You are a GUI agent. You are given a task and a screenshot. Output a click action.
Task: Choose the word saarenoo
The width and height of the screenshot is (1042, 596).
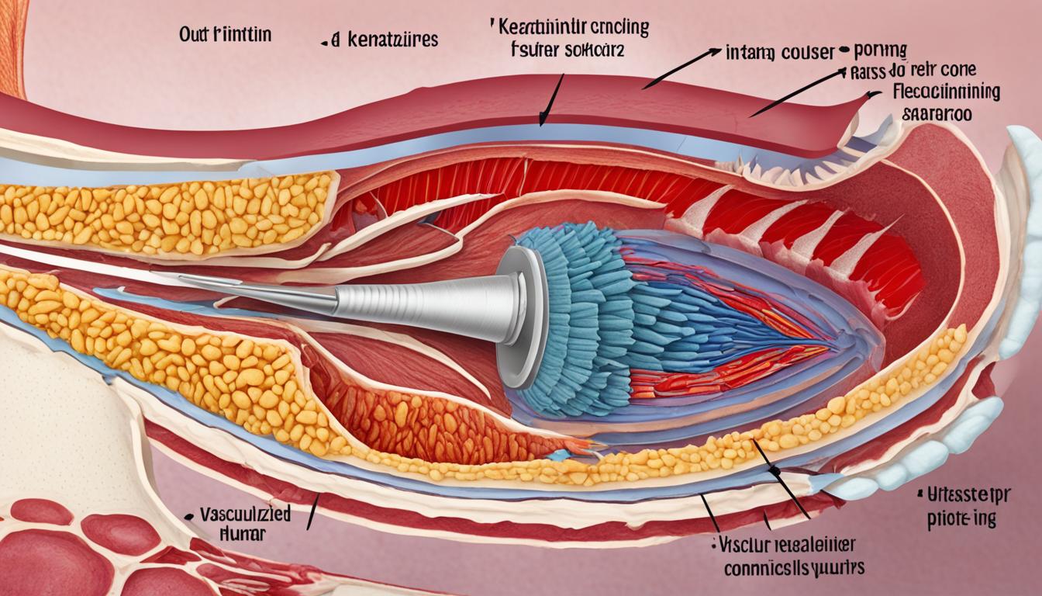pyautogui.click(x=937, y=113)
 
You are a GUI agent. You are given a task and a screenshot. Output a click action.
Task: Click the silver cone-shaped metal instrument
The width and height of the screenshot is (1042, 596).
pyautogui.click(x=434, y=303)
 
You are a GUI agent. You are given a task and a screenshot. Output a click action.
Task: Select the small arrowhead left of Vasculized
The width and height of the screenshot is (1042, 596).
pyautogui.click(x=188, y=515)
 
